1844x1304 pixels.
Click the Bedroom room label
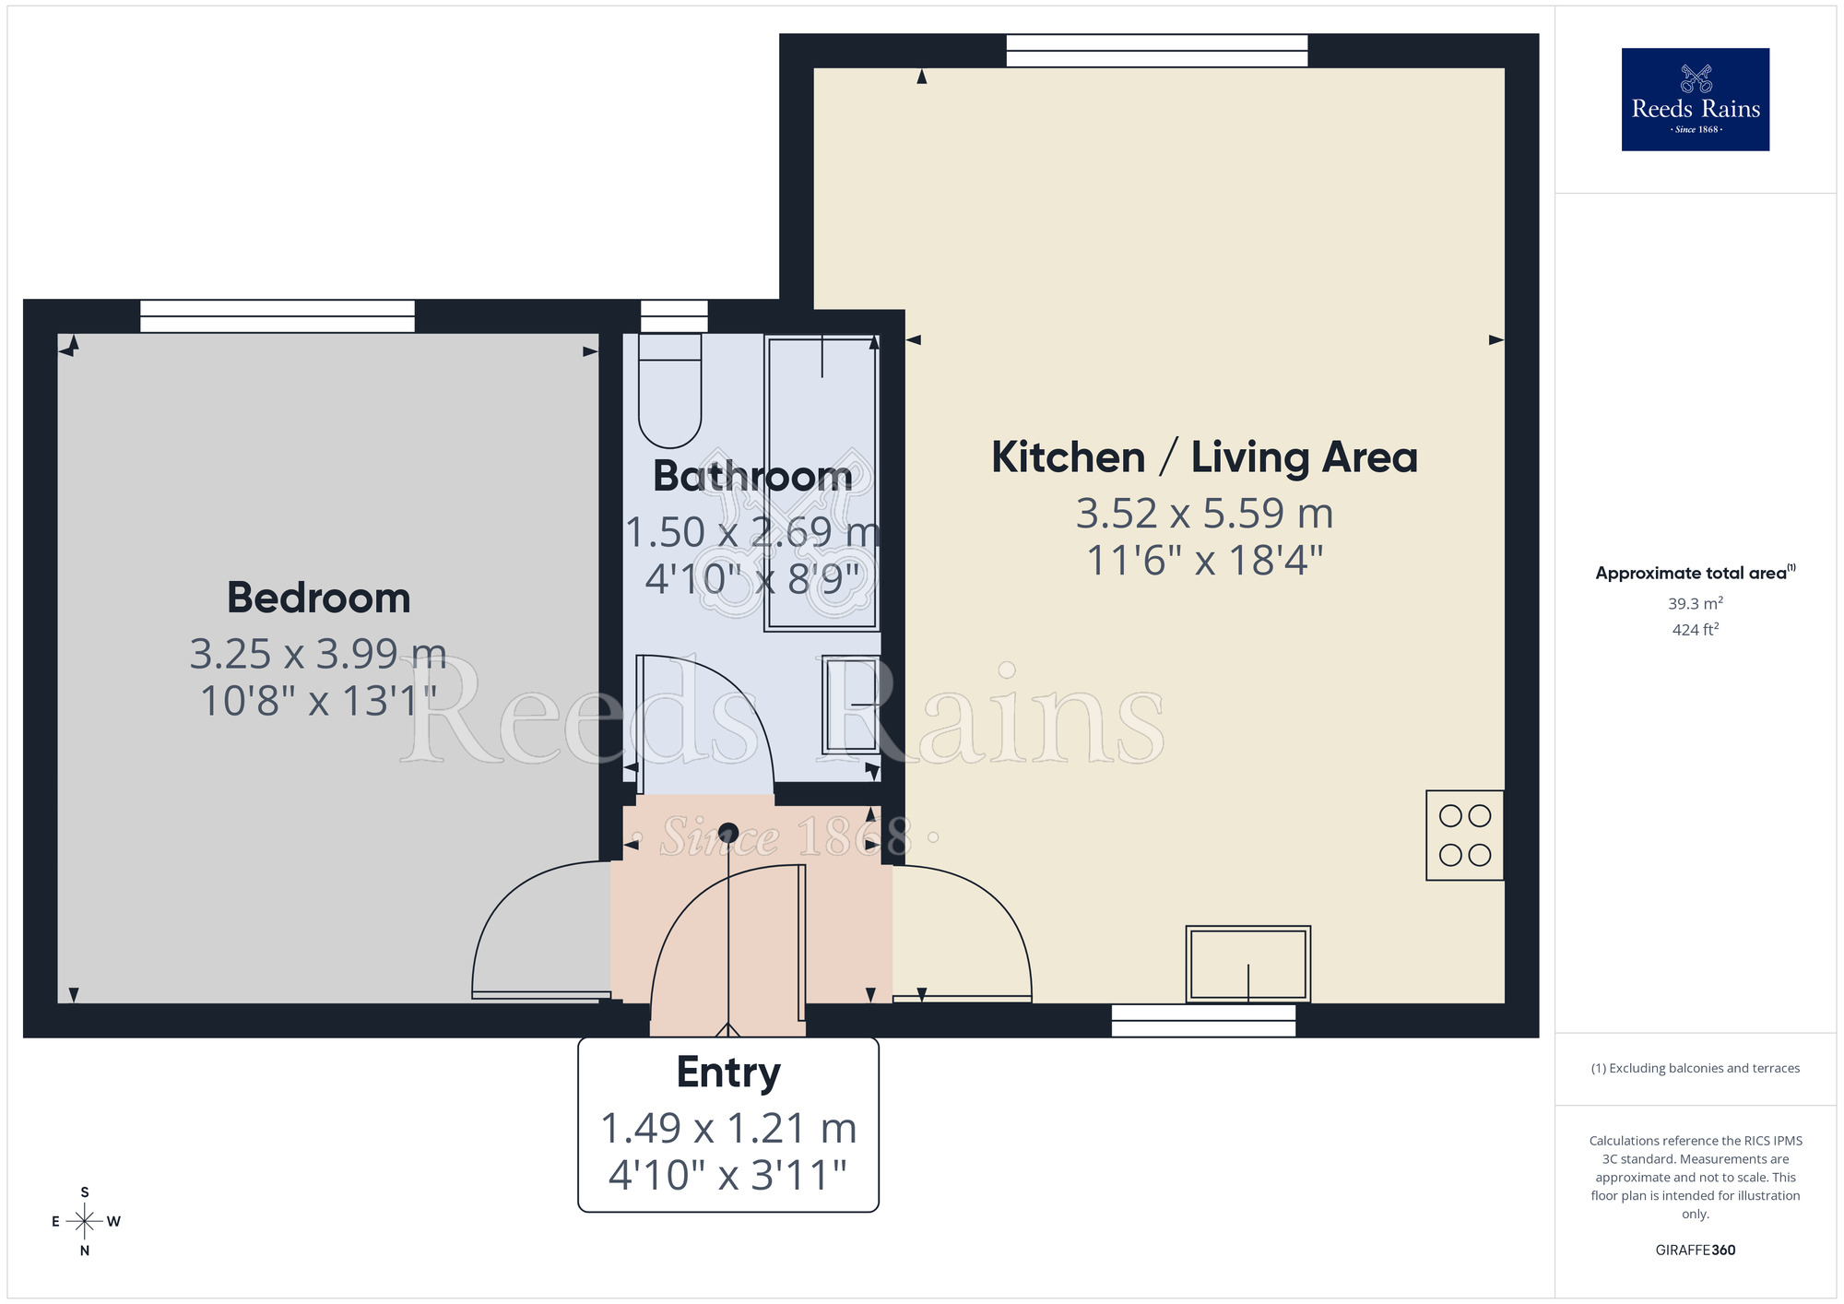pos(318,599)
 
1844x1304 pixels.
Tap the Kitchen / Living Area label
pos(1204,457)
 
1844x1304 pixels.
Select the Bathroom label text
pos(752,476)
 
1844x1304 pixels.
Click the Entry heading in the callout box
pos(728,1073)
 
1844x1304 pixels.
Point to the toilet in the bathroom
pos(670,391)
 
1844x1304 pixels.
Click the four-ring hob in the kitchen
pos(1464,836)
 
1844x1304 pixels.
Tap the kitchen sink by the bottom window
pos(1247,964)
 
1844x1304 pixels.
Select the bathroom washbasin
pos(851,705)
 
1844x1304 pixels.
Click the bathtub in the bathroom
pos(822,482)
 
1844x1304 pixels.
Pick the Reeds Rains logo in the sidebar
pos(1695,100)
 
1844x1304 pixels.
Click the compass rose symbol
pos(85,1222)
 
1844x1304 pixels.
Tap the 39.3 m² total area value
pos(1695,604)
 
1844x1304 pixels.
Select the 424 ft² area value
pos(1695,630)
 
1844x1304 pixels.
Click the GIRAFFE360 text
pos(1695,1251)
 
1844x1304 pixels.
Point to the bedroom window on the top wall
pos(277,316)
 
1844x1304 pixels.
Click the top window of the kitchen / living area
pos(1156,51)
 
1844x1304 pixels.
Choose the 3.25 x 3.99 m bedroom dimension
pos(318,654)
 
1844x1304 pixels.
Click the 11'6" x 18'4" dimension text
pos(1204,561)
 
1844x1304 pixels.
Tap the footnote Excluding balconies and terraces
pos(1695,1069)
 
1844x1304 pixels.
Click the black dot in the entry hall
pos(728,831)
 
